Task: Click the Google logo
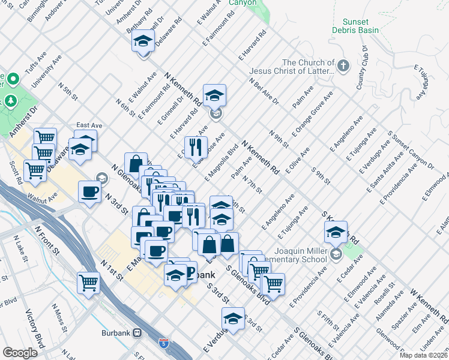[x=20, y=353]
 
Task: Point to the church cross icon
[x=343, y=66]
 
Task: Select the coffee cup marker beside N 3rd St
[x=89, y=192]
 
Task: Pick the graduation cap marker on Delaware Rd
[x=143, y=41]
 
